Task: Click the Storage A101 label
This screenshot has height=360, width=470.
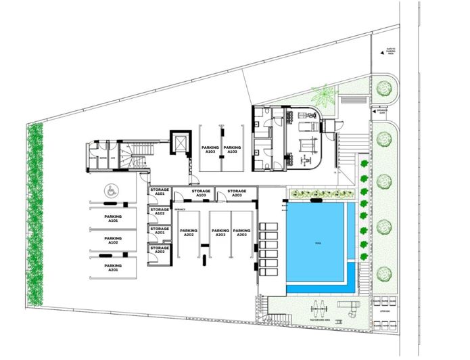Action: point(160,192)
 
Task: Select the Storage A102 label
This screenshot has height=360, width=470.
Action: point(160,212)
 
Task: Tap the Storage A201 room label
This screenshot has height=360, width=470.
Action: point(160,231)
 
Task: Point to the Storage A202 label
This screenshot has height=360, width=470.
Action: point(160,250)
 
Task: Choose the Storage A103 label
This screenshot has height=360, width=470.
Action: point(201,193)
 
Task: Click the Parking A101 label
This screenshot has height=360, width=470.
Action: point(112,219)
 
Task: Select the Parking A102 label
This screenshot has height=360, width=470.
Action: point(112,240)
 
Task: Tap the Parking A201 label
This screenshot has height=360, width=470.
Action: point(112,267)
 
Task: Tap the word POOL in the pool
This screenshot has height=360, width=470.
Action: point(317,242)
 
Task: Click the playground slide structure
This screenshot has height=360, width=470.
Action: point(350,308)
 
